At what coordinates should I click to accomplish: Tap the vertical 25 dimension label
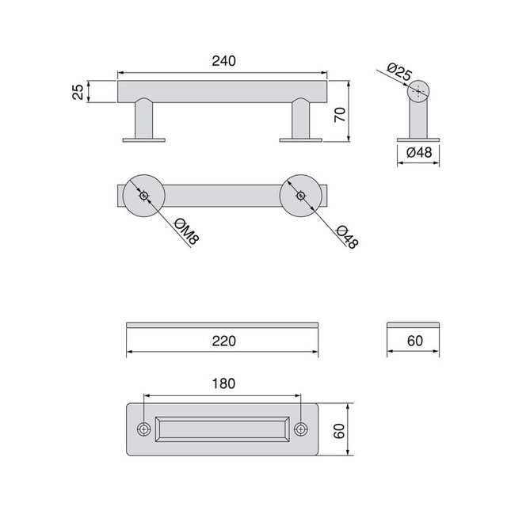pyautogui.click(x=78, y=91)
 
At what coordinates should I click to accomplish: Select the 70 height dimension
pyautogui.click(x=340, y=112)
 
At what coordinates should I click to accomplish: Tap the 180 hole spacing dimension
pyautogui.click(x=223, y=383)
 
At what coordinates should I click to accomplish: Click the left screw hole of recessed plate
pyautogui.click(x=143, y=429)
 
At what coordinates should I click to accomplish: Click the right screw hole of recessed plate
pyautogui.click(x=301, y=429)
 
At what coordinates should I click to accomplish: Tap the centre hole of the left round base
pyautogui.click(x=143, y=196)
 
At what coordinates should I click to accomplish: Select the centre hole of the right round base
pyautogui.click(x=300, y=196)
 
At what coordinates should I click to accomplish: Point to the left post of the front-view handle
pyautogui.click(x=144, y=120)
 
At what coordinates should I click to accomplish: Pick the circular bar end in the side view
pyautogui.click(x=419, y=91)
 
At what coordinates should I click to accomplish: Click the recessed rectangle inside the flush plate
pyautogui.click(x=222, y=429)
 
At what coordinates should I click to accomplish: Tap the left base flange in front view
pyautogui.click(x=144, y=141)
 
